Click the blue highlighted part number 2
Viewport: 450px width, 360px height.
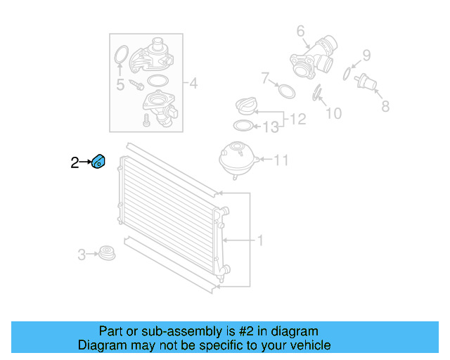tap(98, 162)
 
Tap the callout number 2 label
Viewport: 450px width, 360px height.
tap(75, 163)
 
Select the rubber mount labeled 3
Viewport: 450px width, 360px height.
tap(107, 253)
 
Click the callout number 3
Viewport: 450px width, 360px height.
tap(82, 255)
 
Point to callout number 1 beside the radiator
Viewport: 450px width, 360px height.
tap(260, 240)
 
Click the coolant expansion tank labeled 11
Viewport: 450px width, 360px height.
tap(238, 160)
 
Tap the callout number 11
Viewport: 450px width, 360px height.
tap(281, 160)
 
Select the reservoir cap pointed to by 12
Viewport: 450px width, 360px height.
tap(245, 106)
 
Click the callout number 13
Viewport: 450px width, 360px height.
tap(271, 127)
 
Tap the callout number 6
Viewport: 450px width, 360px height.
tap(300, 31)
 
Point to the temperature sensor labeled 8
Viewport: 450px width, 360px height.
tap(366, 82)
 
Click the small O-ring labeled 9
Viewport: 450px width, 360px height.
tap(347, 74)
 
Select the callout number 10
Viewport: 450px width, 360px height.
tap(334, 113)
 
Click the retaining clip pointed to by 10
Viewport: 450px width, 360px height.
tap(316, 94)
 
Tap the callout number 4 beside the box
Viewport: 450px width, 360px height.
tap(194, 83)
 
